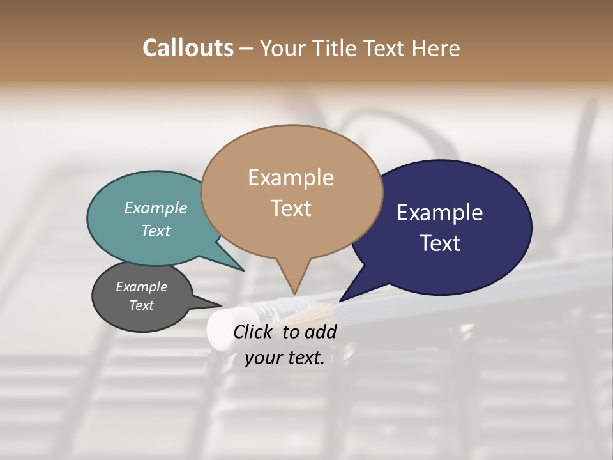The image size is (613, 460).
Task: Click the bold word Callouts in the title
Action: tap(188, 48)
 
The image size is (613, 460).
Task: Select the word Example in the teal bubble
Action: tap(156, 208)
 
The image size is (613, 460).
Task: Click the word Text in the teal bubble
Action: tap(156, 231)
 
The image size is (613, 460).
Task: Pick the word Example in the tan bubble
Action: tap(291, 178)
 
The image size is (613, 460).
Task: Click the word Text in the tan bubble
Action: tap(291, 208)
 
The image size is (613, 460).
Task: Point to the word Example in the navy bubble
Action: tap(440, 213)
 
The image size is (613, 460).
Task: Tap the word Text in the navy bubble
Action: tap(440, 243)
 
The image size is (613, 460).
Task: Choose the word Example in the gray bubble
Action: tap(141, 287)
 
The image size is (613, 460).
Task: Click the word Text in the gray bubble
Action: tap(141, 305)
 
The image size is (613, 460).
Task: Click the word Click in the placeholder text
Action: tap(254, 332)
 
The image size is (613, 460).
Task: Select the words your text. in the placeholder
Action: tap(285, 358)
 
